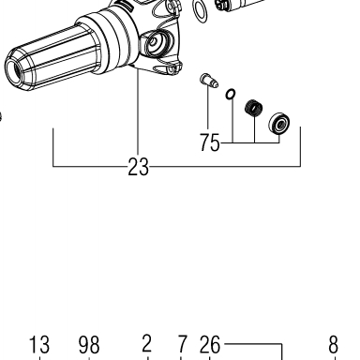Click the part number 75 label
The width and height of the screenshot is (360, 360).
pos(210,142)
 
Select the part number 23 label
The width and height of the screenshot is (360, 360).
pos(139,167)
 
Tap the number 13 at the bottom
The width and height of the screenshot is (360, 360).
pos(39,345)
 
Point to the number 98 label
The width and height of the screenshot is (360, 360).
pos(89,345)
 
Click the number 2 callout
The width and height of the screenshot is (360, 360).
pos(147,343)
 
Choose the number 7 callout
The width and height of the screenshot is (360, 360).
pos(182,344)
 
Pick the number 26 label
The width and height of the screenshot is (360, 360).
pos(210,345)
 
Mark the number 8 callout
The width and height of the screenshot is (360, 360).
pos(334,345)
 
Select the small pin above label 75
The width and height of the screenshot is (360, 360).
pos(208,81)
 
